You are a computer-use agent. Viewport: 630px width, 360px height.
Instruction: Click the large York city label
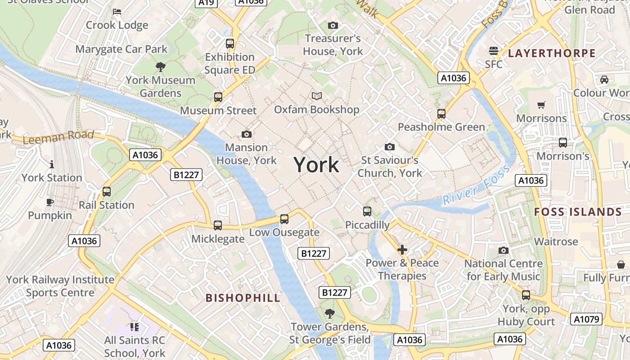click(316, 165)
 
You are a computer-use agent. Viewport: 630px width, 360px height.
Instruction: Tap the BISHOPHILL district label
click(243, 298)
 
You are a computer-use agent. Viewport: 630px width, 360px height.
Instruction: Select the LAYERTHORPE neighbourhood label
click(552, 54)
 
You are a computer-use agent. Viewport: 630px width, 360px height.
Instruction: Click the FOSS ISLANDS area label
click(578, 212)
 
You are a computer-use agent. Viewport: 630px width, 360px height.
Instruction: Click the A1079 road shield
click(586, 319)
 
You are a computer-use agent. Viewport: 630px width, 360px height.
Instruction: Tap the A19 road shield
click(207, 3)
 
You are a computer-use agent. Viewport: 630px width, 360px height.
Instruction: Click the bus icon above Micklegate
click(218, 225)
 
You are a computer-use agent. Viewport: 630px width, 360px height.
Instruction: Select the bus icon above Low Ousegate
click(284, 219)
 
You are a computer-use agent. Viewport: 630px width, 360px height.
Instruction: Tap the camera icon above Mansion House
click(247, 134)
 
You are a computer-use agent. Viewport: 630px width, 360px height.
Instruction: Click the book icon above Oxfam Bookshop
click(317, 96)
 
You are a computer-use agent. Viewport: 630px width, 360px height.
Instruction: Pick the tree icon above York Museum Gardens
click(160, 67)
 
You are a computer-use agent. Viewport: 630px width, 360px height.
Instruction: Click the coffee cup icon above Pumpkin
click(50, 202)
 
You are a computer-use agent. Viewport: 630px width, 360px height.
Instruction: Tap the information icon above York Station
click(52, 164)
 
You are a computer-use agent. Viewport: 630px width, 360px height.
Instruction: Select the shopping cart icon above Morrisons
click(541, 105)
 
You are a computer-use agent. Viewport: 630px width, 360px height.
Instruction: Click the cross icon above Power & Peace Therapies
click(402, 249)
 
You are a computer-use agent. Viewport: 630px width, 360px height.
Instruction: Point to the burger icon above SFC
click(494, 50)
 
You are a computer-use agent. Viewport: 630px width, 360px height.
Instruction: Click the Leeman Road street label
click(58, 137)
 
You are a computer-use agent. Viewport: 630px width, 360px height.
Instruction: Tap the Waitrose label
click(556, 242)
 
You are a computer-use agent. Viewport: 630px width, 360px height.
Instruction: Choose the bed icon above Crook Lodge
click(117, 11)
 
